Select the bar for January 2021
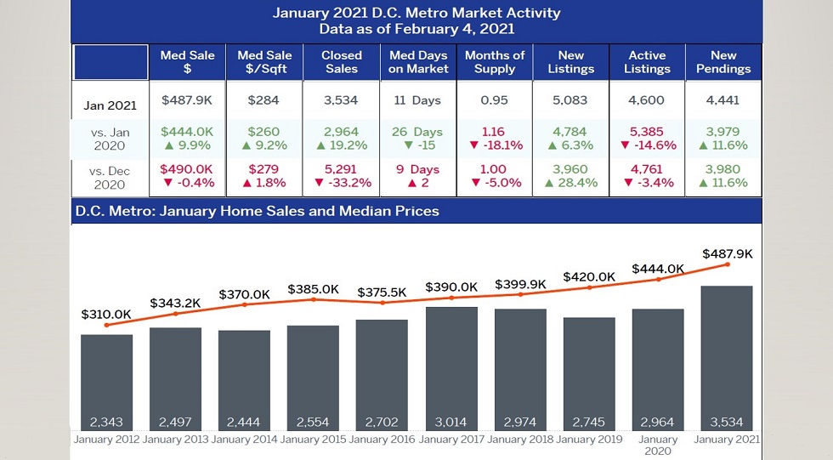click(x=726, y=358)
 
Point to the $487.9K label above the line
click(x=728, y=253)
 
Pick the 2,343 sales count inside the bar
click(x=107, y=422)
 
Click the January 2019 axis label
click(x=588, y=440)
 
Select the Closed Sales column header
click(x=342, y=61)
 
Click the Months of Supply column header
click(x=495, y=61)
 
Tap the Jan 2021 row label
click(x=110, y=106)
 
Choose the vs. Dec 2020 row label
click(x=110, y=177)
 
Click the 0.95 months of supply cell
click(x=494, y=100)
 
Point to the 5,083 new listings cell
click(x=570, y=100)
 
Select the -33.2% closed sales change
click(x=342, y=183)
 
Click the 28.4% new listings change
click(x=570, y=183)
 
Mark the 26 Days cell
click(x=417, y=132)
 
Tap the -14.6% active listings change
click(x=647, y=145)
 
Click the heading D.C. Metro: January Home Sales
click(x=256, y=210)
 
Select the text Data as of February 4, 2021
click(x=416, y=29)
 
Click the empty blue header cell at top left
click(x=110, y=62)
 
